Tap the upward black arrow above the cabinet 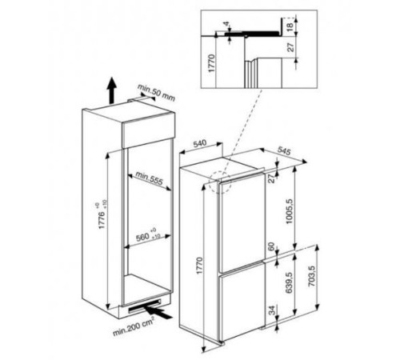tap(111, 86)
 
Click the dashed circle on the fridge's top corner tap(219, 183)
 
